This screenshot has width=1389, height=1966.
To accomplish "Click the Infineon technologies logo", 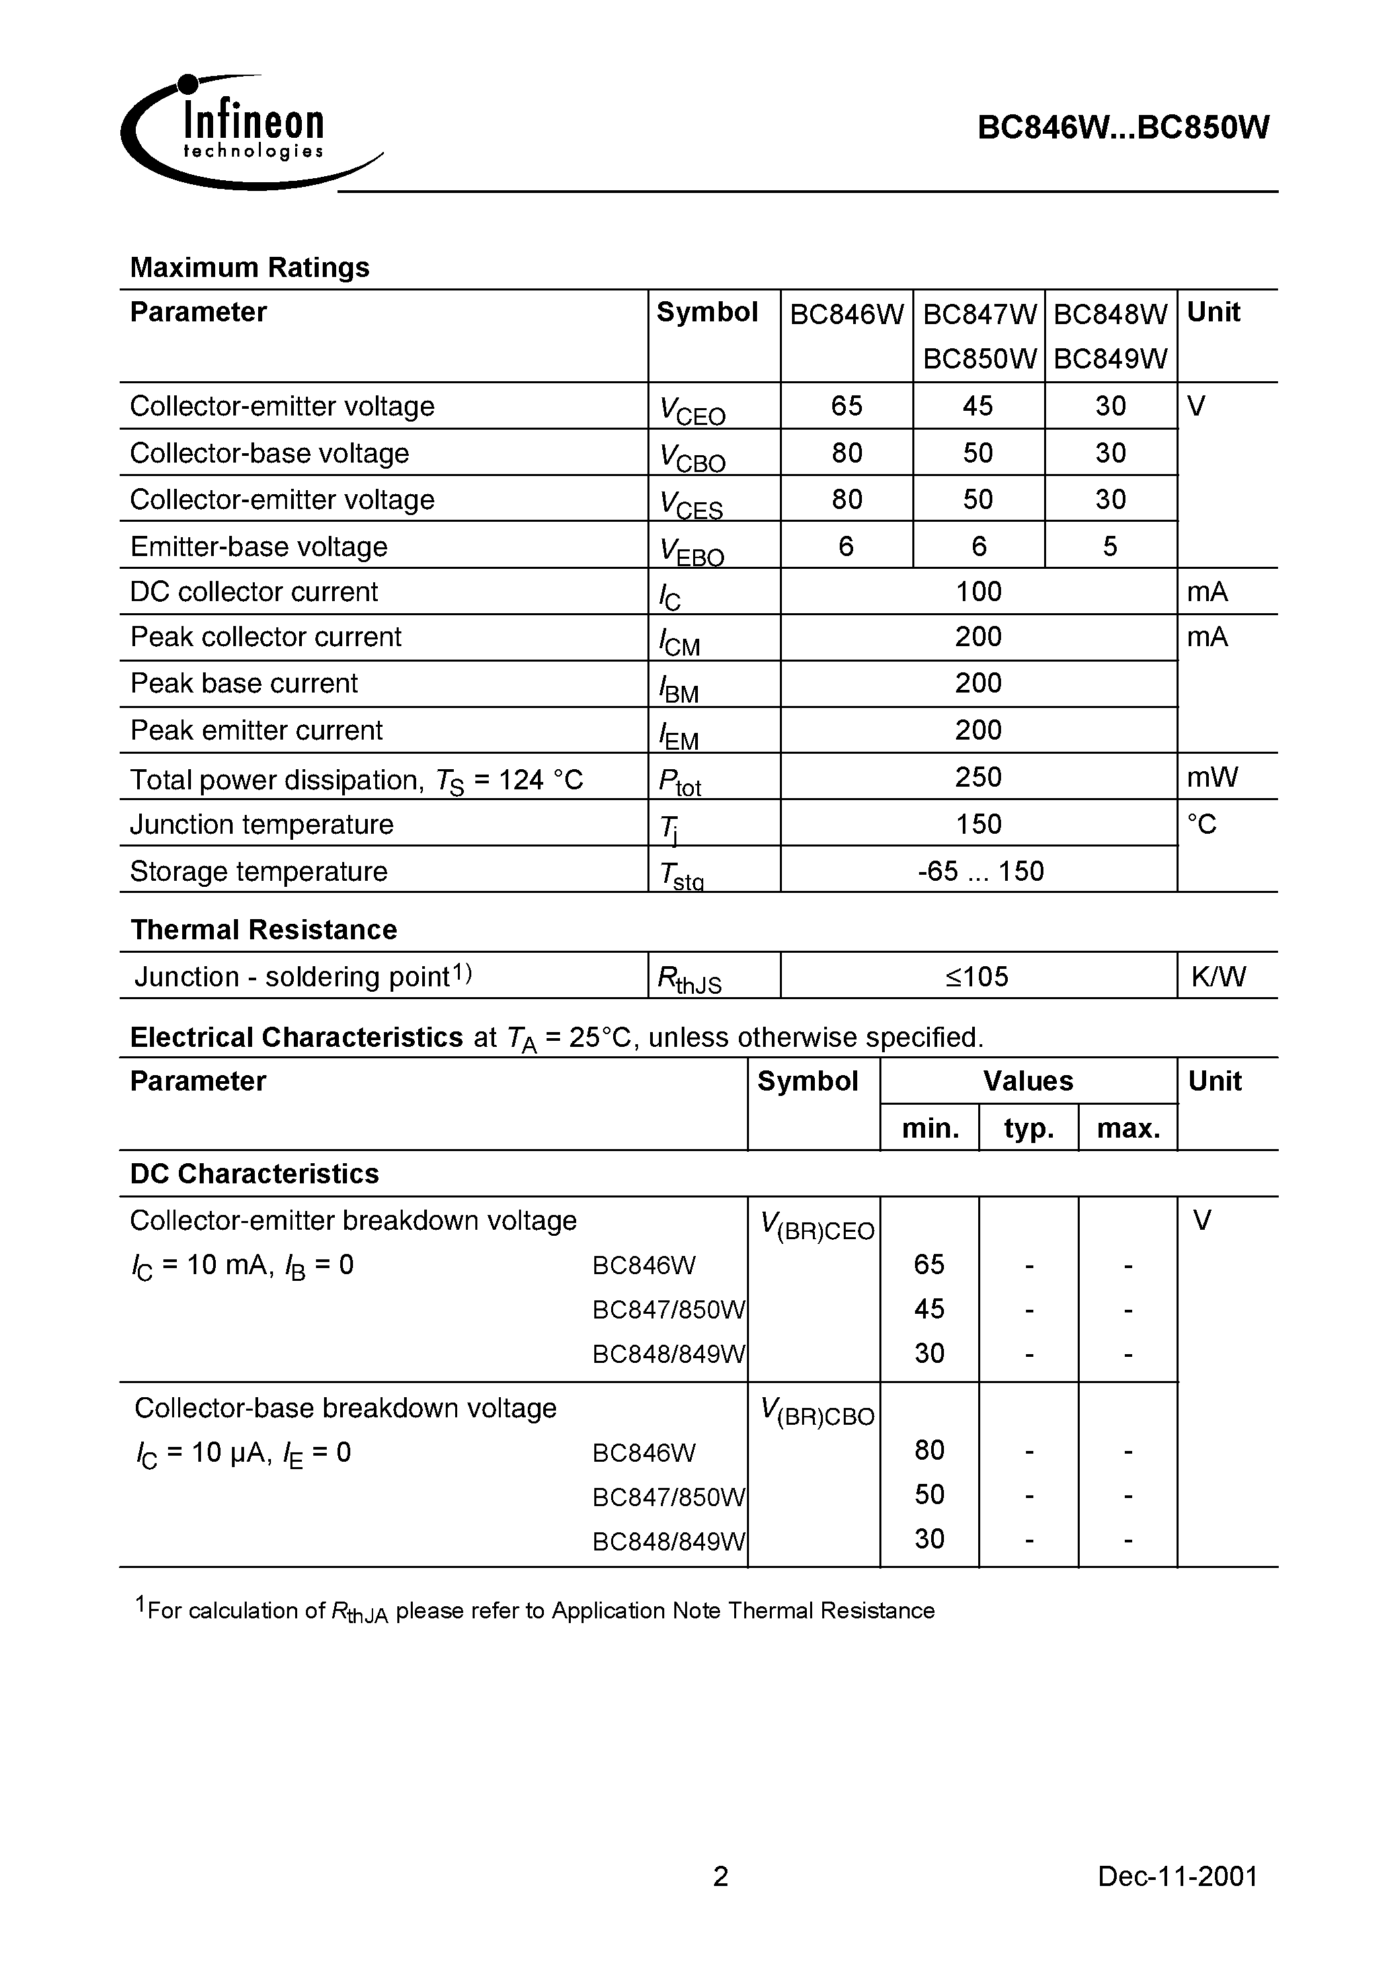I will coord(244,132).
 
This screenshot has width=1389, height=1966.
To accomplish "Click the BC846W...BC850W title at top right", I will coord(1123,128).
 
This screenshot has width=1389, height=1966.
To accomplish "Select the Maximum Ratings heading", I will coord(249,267).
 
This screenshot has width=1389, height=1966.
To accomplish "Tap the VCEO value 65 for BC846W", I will coord(846,406).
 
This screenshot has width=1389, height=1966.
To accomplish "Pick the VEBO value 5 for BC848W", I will coord(1110,547).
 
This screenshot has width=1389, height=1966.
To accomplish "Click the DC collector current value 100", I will coord(978,592).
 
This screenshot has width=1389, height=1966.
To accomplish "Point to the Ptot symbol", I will coord(680,780).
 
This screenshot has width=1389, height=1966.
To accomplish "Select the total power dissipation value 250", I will coord(978,777).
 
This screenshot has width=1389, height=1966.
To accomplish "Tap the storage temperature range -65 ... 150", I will coord(980,871).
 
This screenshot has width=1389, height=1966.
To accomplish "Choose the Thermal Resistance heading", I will coord(263,930).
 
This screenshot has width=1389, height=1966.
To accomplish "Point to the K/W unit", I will coord(1218,977).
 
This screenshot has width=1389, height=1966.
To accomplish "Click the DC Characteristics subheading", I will coord(253,1174).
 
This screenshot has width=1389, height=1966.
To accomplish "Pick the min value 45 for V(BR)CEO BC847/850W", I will coord(928,1309).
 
